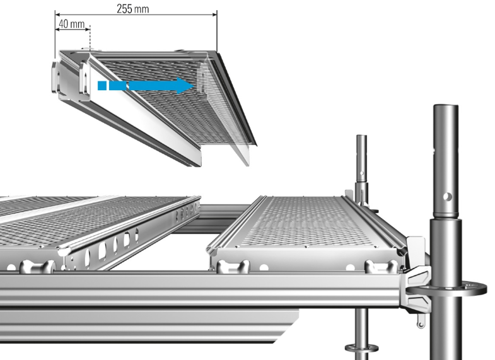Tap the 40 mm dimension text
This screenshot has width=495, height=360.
(71, 24)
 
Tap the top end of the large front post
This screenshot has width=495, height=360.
(447, 108)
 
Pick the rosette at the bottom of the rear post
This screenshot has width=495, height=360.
(361, 347)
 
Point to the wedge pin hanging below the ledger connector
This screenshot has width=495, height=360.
(418, 321)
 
